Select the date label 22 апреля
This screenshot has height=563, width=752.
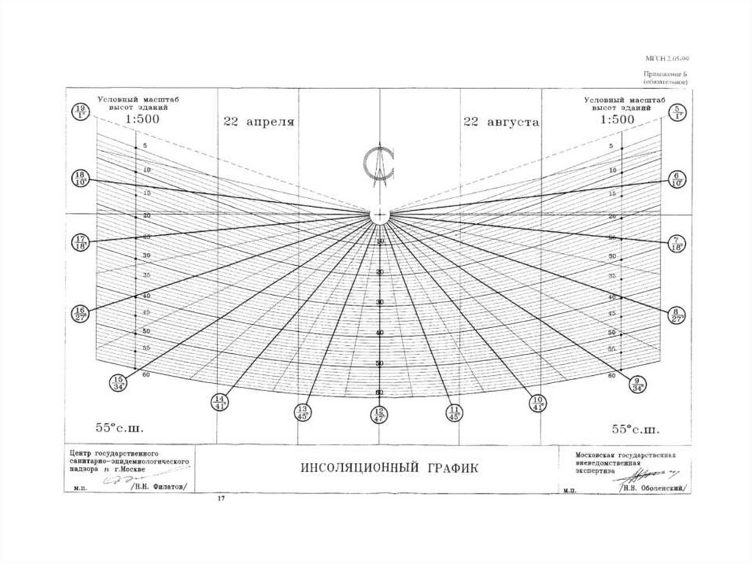(259, 123)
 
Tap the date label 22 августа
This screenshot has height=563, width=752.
(502, 123)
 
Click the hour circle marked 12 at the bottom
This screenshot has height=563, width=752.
(379, 415)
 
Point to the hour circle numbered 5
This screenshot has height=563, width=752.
(677, 112)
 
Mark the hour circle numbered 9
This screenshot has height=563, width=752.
(637, 382)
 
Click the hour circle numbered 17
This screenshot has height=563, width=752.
(81, 242)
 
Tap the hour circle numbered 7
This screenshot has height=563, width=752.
(676, 242)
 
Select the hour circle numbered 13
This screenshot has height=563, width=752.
(302, 413)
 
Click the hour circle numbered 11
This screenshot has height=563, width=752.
(455, 413)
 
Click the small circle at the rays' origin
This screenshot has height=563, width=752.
(379, 214)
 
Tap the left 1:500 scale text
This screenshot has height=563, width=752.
(139, 119)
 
